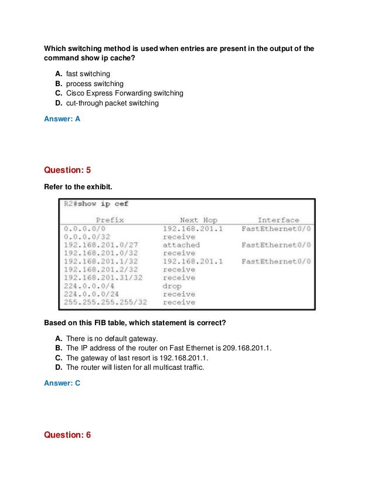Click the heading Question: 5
point(68,171)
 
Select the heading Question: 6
point(68,435)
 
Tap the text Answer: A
point(62,118)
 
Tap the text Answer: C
point(62,383)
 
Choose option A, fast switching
point(88,74)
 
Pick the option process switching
point(96,83)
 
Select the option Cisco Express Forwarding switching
point(124,93)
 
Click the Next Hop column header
point(198,220)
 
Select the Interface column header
point(278,220)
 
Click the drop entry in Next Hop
point(172,286)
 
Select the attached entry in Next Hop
point(181,245)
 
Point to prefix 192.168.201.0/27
point(101,245)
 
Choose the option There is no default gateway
point(112,339)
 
